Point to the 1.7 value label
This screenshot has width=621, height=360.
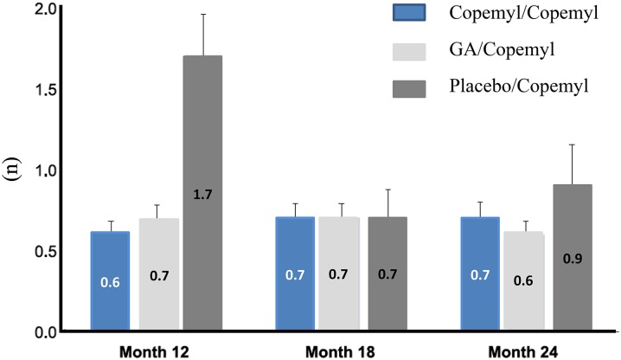click(x=202, y=196)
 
